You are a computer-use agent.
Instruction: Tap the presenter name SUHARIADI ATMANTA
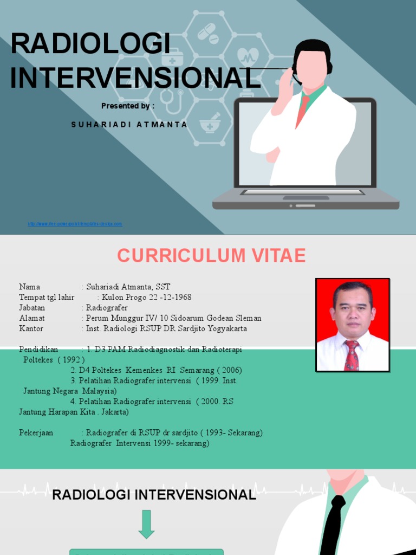click(129, 125)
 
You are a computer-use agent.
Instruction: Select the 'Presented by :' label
click(128, 106)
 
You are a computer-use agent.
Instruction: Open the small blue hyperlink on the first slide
click(75, 224)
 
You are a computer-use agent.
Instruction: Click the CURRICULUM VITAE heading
click(211, 255)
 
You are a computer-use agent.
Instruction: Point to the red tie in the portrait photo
click(352, 356)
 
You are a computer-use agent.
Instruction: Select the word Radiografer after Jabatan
click(107, 308)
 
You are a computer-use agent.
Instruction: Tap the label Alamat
click(32, 318)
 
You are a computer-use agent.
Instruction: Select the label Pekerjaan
click(36, 433)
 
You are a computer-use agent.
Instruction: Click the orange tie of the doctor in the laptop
click(302, 111)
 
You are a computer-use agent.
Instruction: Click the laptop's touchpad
click(306, 198)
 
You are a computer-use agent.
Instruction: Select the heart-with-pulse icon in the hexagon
click(249, 55)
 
